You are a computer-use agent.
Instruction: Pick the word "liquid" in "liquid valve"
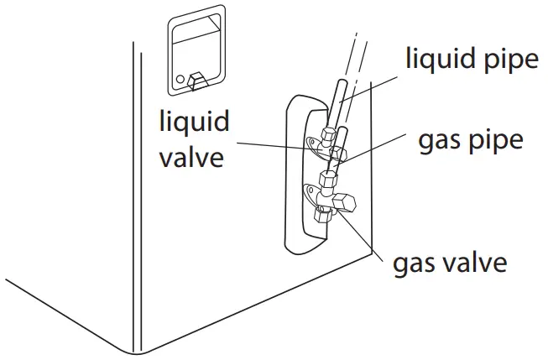coord(195,121)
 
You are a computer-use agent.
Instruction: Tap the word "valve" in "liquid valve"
coord(192,156)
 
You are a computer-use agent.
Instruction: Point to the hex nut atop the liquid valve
coord(330,134)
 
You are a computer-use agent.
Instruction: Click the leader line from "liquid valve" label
coord(277,145)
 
